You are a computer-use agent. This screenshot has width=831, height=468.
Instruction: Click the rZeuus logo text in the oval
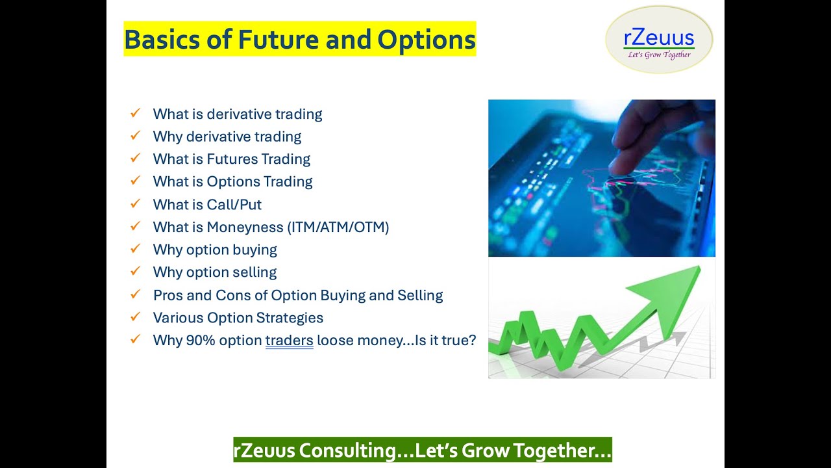658,38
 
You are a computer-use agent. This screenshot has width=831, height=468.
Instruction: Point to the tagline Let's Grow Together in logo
659,55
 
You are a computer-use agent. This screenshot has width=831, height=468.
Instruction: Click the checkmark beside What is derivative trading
135,113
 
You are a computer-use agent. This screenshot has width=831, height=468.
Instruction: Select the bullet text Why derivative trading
227,136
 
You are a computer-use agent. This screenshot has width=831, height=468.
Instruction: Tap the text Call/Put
234,205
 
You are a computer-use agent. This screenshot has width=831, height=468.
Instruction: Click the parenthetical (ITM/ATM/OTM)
347,227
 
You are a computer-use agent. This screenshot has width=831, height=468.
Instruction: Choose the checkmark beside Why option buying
135,249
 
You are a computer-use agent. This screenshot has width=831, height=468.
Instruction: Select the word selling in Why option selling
254,272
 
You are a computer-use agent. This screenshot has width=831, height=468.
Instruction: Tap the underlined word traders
289,341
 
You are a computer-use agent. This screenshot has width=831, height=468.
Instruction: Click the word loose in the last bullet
335,340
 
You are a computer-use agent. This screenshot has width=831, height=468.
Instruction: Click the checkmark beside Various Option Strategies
135,317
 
